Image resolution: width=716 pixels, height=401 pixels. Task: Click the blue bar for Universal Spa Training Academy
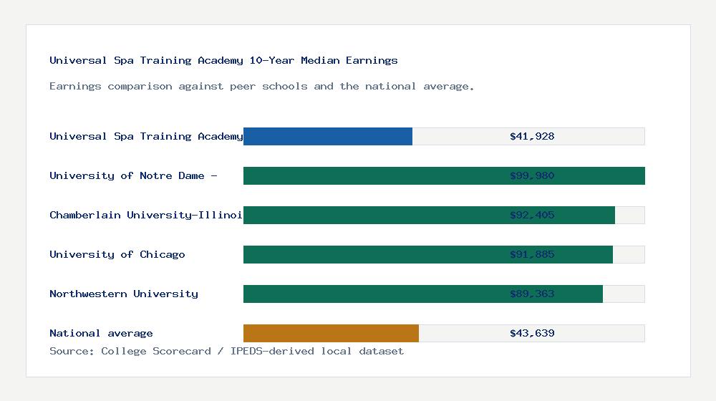click(328, 136)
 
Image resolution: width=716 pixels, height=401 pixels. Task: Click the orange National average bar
click(331, 333)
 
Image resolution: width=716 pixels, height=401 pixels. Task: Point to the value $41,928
click(532, 136)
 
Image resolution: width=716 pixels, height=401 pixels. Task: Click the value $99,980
click(532, 175)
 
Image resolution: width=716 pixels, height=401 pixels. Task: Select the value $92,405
click(532, 215)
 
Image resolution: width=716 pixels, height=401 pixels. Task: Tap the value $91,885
click(532, 254)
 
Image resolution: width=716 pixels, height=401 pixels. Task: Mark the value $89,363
click(532, 294)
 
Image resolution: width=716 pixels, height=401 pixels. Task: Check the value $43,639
click(532, 333)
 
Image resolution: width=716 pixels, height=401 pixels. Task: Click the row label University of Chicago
click(117, 254)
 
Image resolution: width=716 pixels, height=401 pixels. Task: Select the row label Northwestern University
click(124, 294)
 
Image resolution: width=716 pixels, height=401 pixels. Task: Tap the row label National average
click(101, 333)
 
